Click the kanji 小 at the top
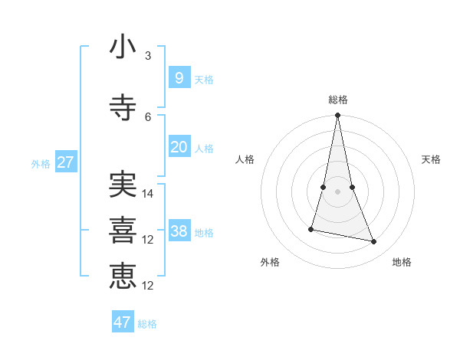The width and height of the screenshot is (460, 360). [123, 47]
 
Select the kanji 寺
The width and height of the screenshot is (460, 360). [123, 107]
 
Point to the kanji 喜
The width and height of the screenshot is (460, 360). [123, 230]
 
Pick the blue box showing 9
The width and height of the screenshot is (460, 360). [179, 77]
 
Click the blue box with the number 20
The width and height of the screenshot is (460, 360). [179, 146]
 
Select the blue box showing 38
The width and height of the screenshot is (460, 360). [179, 231]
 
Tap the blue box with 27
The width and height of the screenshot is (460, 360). [66, 162]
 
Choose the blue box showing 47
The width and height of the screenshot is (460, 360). [123, 322]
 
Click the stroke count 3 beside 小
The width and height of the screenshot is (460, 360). [148, 56]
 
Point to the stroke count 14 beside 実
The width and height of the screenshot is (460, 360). [148, 194]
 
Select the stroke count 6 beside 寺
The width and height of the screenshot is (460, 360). [148, 116]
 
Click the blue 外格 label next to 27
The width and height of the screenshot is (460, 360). [41, 163]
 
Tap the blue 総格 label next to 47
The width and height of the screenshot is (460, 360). [147, 324]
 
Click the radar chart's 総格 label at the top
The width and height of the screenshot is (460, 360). [338, 100]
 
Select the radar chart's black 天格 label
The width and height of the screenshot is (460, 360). [431, 159]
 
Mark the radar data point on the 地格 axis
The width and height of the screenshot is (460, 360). [374, 242]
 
